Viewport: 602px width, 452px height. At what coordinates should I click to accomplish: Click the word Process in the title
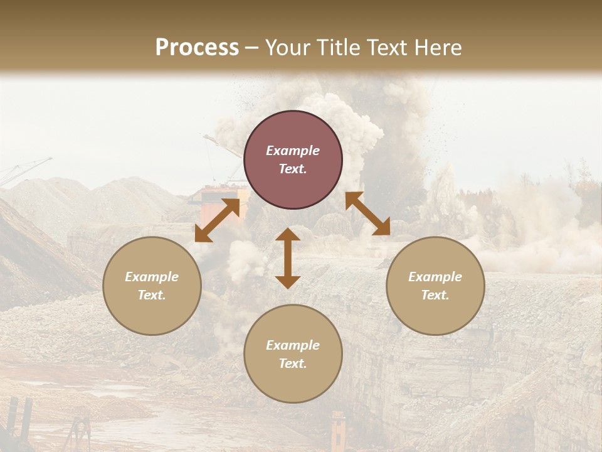(x=197, y=48)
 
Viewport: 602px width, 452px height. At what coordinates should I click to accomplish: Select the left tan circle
(x=152, y=286)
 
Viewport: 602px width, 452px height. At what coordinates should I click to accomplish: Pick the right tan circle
(x=435, y=286)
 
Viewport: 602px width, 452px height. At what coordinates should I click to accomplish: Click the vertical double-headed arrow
(x=288, y=258)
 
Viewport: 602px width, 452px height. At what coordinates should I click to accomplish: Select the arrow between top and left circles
(x=217, y=220)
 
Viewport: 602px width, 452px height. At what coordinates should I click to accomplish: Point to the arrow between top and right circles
(x=367, y=213)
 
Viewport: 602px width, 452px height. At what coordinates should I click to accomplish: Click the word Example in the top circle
(x=293, y=151)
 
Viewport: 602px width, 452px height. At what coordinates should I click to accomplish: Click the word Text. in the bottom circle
(x=293, y=363)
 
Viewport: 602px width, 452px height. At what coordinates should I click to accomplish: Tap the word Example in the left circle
(x=152, y=277)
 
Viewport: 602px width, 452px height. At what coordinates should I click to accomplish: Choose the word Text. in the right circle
(x=435, y=295)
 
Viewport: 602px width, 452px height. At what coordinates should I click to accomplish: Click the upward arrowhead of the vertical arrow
(x=288, y=234)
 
